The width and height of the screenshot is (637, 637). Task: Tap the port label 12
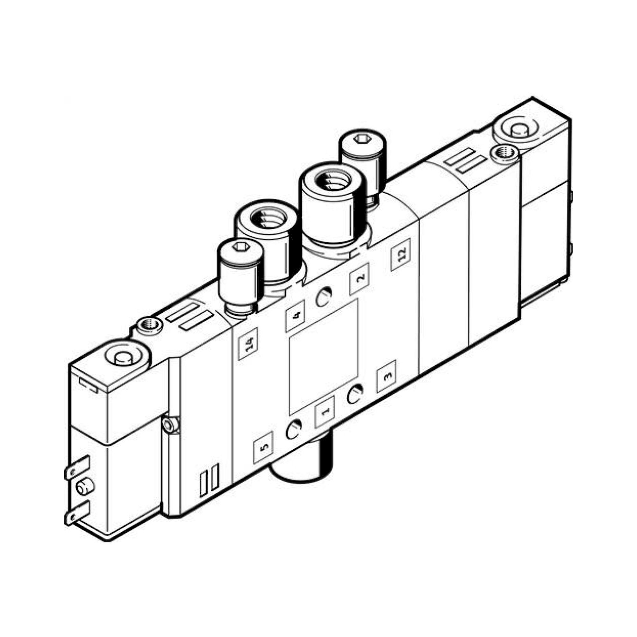coord(401,254)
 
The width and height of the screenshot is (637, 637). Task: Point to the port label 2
coord(359,279)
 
